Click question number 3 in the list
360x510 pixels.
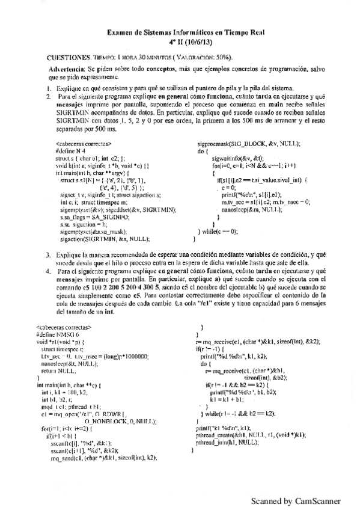point(49,256)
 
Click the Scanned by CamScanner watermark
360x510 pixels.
point(296,500)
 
